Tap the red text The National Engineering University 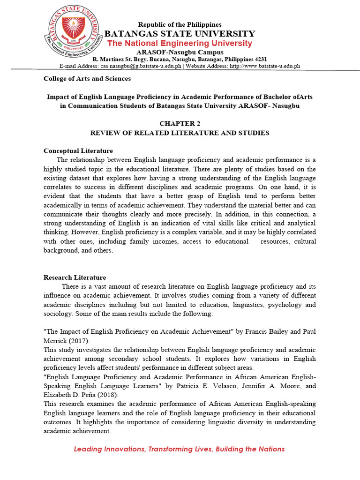180,43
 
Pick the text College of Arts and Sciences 87,79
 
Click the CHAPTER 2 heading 180,123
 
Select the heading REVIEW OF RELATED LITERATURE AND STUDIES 180,133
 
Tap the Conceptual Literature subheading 78,151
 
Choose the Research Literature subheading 75,277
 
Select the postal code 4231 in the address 260,60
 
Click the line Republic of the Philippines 180,24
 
